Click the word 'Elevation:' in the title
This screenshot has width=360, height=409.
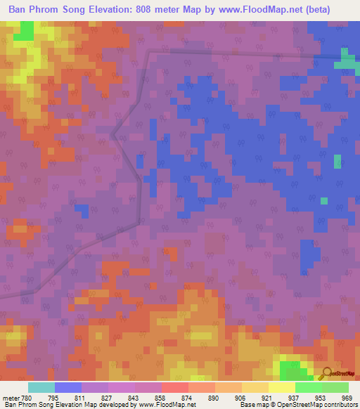tap(112, 10)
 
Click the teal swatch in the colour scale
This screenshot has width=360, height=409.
tap(41, 387)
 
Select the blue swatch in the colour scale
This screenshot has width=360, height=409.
tap(68, 387)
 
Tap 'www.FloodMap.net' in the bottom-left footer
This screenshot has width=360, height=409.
tap(167, 405)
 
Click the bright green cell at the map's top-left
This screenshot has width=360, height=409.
tap(27, 30)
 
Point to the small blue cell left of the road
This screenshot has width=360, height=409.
tap(82, 211)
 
